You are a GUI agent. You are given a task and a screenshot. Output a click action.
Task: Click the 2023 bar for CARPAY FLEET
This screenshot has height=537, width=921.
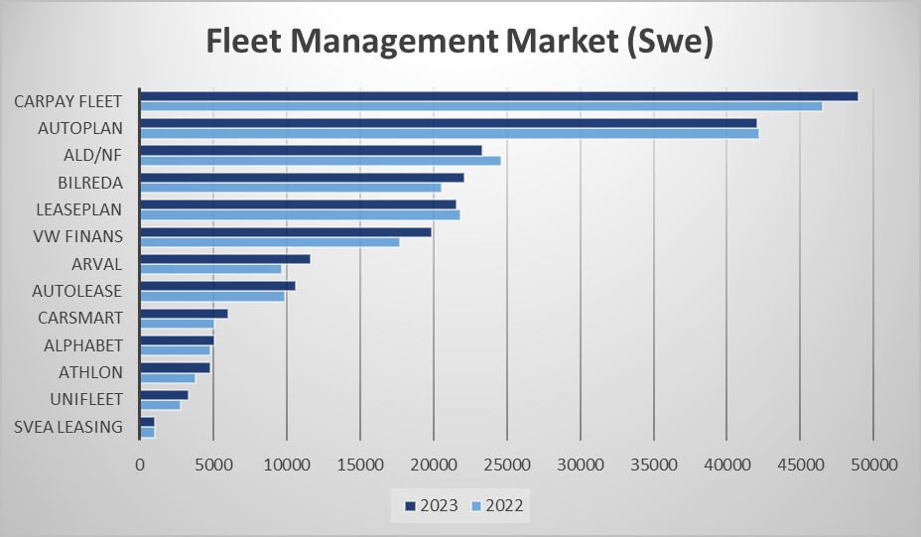coord(498,95)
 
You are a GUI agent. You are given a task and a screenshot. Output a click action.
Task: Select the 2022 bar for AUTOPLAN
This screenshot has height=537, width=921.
coord(449,133)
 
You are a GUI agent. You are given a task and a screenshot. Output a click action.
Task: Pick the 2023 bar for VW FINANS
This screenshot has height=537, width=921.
coord(285,231)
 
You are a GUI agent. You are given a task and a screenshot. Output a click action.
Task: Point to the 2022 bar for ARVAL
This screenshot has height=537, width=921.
coord(210,269)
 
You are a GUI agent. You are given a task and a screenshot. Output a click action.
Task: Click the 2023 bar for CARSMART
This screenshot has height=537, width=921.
coord(184,313)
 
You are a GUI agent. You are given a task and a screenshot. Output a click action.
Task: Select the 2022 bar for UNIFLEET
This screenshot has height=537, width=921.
coord(160,405)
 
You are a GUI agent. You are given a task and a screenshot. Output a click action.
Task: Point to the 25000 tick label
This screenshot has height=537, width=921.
coord(506,464)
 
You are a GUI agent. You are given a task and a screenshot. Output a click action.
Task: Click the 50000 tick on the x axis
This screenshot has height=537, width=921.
coord(872,464)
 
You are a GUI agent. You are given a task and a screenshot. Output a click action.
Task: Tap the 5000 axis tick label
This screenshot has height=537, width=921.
coord(213,464)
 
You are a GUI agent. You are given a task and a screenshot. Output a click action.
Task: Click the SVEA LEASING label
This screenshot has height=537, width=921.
coord(69,427)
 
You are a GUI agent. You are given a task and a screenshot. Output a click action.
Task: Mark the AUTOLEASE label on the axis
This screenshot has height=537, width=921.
coord(76,291)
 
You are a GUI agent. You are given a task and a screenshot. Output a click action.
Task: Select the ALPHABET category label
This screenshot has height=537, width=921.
coord(83,345)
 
